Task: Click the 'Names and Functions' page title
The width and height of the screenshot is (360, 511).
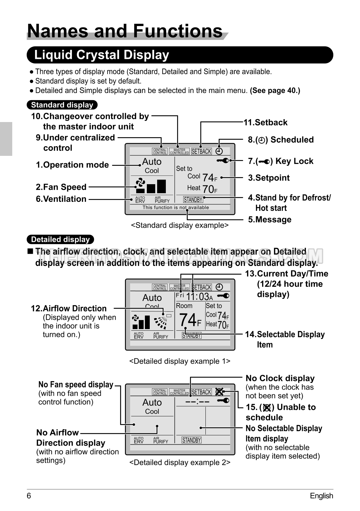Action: point(125,31)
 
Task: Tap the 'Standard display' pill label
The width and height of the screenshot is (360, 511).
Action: point(62,105)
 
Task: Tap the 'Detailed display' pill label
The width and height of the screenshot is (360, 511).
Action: point(60,240)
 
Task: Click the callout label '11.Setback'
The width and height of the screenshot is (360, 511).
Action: point(265,122)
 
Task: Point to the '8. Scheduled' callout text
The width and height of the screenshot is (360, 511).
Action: point(280,140)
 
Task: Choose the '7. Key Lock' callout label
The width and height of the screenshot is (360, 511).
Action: point(280,161)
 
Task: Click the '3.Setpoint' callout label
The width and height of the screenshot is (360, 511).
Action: point(269,178)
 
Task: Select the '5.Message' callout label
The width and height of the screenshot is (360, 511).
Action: point(270,220)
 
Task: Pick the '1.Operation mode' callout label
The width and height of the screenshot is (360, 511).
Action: point(72,165)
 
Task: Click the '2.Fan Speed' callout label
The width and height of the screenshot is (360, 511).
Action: point(61,187)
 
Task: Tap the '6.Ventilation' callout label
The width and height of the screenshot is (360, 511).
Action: point(61,199)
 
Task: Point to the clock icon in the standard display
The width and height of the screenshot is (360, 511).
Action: point(219,151)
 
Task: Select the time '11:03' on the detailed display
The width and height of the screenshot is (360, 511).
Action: point(197,296)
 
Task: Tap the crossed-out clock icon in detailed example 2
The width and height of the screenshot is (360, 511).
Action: point(219,392)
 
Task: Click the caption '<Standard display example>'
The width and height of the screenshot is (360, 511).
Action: point(180,225)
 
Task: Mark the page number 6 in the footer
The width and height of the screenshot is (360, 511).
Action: point(29,496)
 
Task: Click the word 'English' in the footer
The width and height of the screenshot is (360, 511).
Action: point(321,496)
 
